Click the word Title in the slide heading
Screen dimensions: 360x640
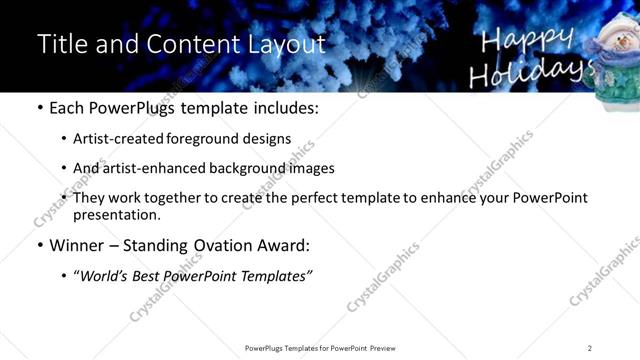tap(61, 45)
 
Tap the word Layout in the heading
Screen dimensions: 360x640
tap(288, 45)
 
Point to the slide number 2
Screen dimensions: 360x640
tap(590, 348)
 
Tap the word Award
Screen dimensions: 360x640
tap(282, 244)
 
